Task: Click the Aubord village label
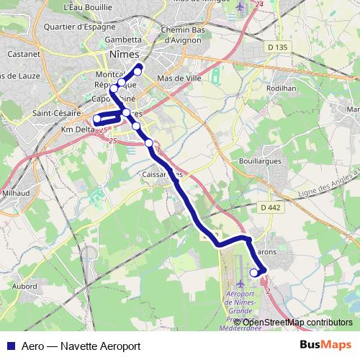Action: [x=24, y=286]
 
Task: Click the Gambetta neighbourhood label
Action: [x=122, y=40]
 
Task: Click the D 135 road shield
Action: [x=276, y=48]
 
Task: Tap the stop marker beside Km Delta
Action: [x=97, y=119]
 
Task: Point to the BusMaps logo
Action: [x=326, y=345]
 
